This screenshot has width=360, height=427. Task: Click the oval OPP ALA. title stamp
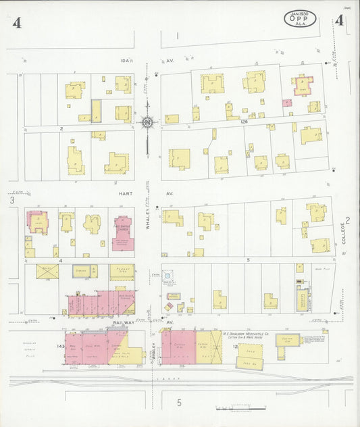click(x=299, y=18)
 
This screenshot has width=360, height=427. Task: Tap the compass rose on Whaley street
click(x=147, y=122)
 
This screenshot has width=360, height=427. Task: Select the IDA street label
click(x=125, y=61)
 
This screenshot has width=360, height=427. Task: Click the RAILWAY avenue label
click(x=124, y=324)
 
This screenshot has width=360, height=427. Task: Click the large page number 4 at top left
click(x=15, y=24)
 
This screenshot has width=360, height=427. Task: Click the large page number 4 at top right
click(x=338, y=22)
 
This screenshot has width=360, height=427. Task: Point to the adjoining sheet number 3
click(x=11, y=200)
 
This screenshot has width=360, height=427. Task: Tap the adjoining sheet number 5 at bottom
click(x=180, y=403)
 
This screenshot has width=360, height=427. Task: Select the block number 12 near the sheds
click(x=236, y=347)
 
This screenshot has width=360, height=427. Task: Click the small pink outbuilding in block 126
click(x=288, y=103)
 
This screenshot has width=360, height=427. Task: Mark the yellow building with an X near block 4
click(x=47, y=272)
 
